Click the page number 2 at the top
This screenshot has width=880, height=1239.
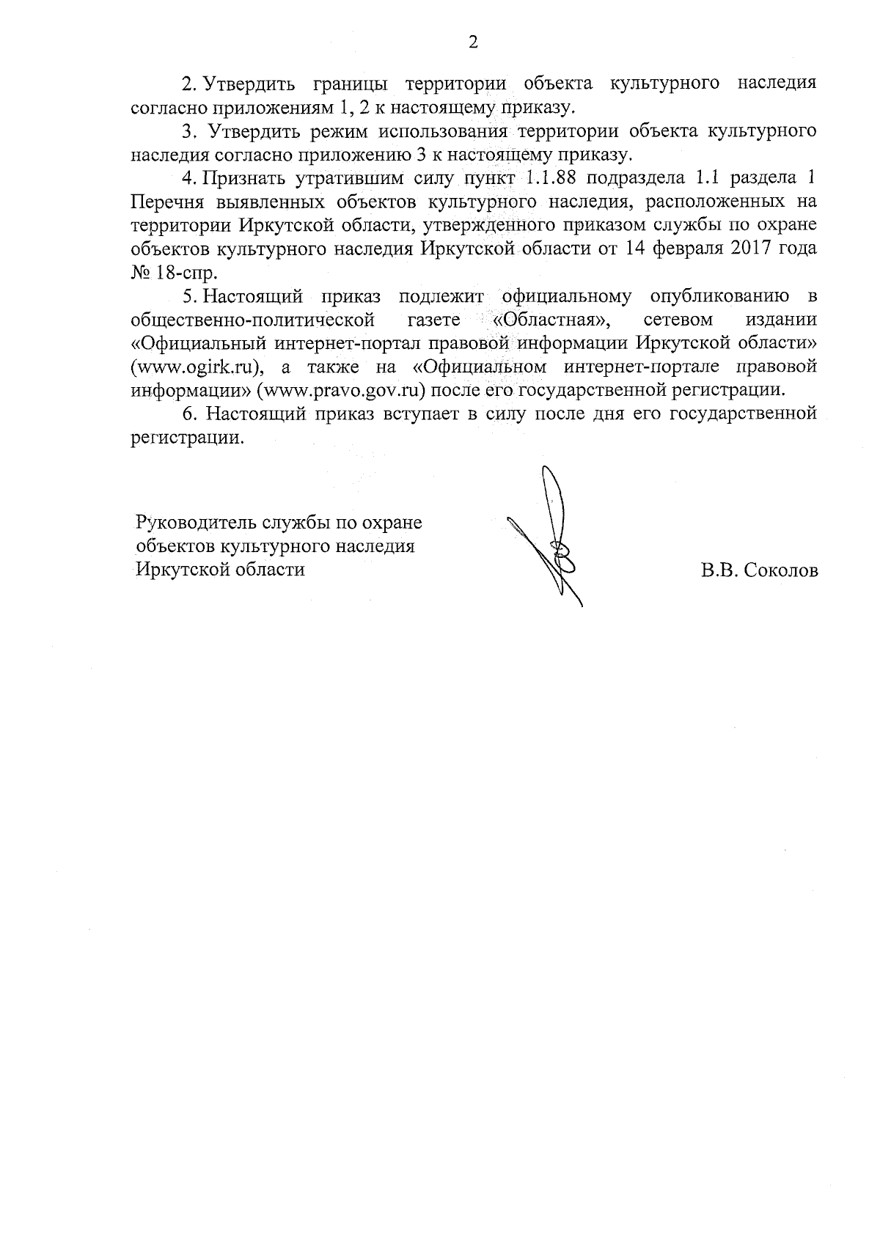473,43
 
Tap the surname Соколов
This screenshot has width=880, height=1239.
780,571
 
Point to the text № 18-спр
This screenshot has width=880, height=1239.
174,273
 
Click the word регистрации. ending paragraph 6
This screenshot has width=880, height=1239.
186,438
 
